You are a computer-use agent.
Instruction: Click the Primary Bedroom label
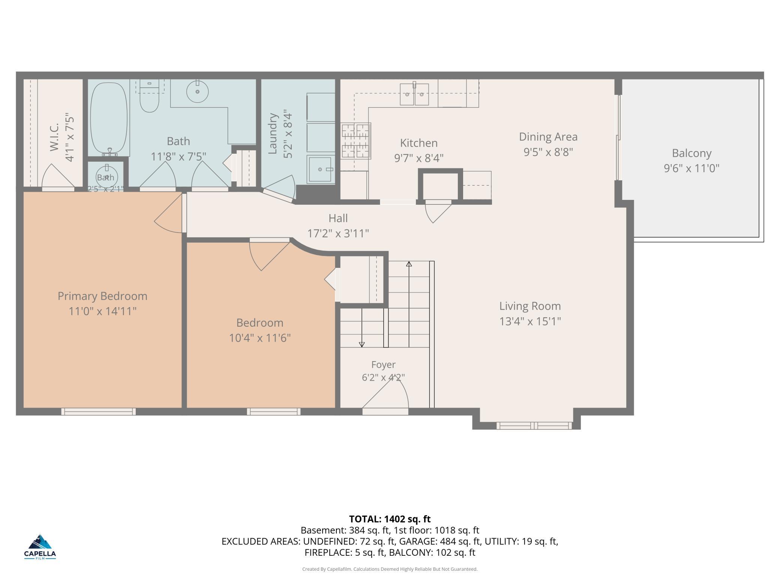click(102, 296)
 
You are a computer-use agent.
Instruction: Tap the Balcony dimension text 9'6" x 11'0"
click(691, 168)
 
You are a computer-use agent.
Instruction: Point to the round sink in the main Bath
click(197, 91)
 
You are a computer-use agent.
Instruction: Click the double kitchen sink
click(414, 94)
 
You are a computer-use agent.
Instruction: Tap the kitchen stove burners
click(355, 141)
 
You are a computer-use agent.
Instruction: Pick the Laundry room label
click(273, 133)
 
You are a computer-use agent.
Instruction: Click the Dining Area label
click(548, 137)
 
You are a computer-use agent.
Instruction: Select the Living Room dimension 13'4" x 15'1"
click(530, 321)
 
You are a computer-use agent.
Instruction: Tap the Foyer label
click(383, 364)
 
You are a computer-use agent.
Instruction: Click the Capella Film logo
click(40, 547)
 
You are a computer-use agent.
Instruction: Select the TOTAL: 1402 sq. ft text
click(390, 519)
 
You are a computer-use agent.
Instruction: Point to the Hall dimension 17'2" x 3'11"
click(338, 234)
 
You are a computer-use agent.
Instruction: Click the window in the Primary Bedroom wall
click(99, 411)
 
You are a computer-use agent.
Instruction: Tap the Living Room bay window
click(534, 426)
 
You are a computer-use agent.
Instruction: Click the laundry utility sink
click(321, 169)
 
